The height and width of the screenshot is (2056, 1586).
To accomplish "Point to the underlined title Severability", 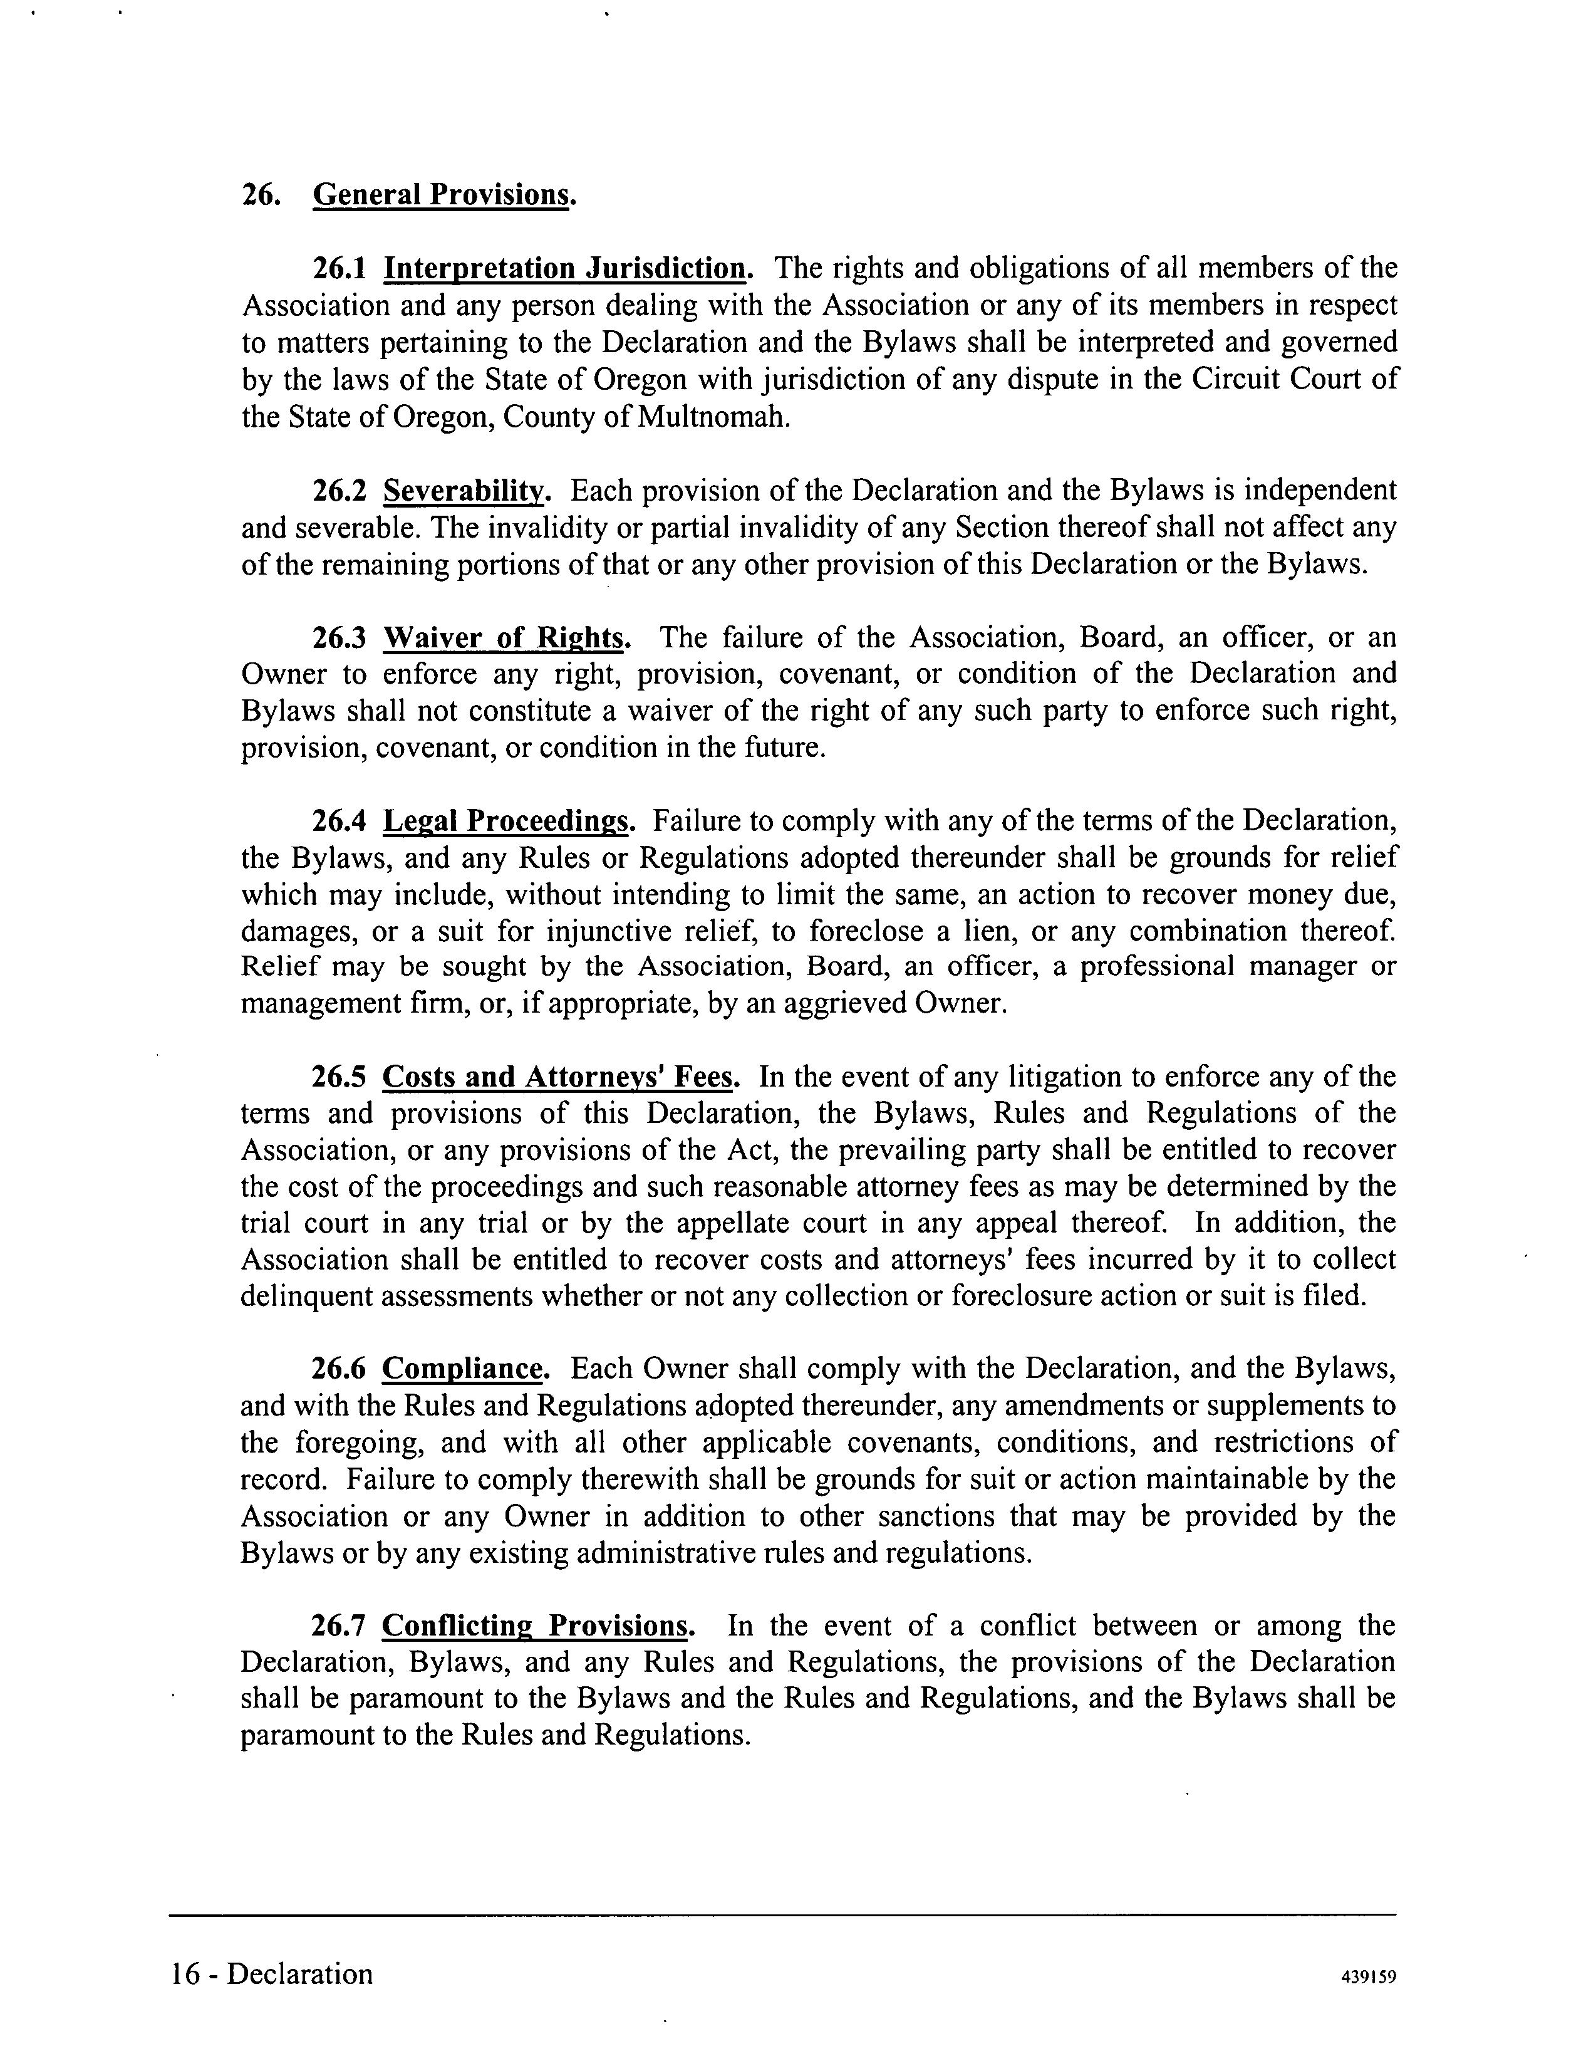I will pos(463,491).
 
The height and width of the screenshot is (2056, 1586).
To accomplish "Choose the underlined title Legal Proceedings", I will pos(505,821).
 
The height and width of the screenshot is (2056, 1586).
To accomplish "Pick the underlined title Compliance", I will pos(463,1369).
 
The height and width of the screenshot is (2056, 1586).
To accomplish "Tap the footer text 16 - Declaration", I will pos(272,1973).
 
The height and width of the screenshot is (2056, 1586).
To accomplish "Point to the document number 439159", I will pos(1367,1977).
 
